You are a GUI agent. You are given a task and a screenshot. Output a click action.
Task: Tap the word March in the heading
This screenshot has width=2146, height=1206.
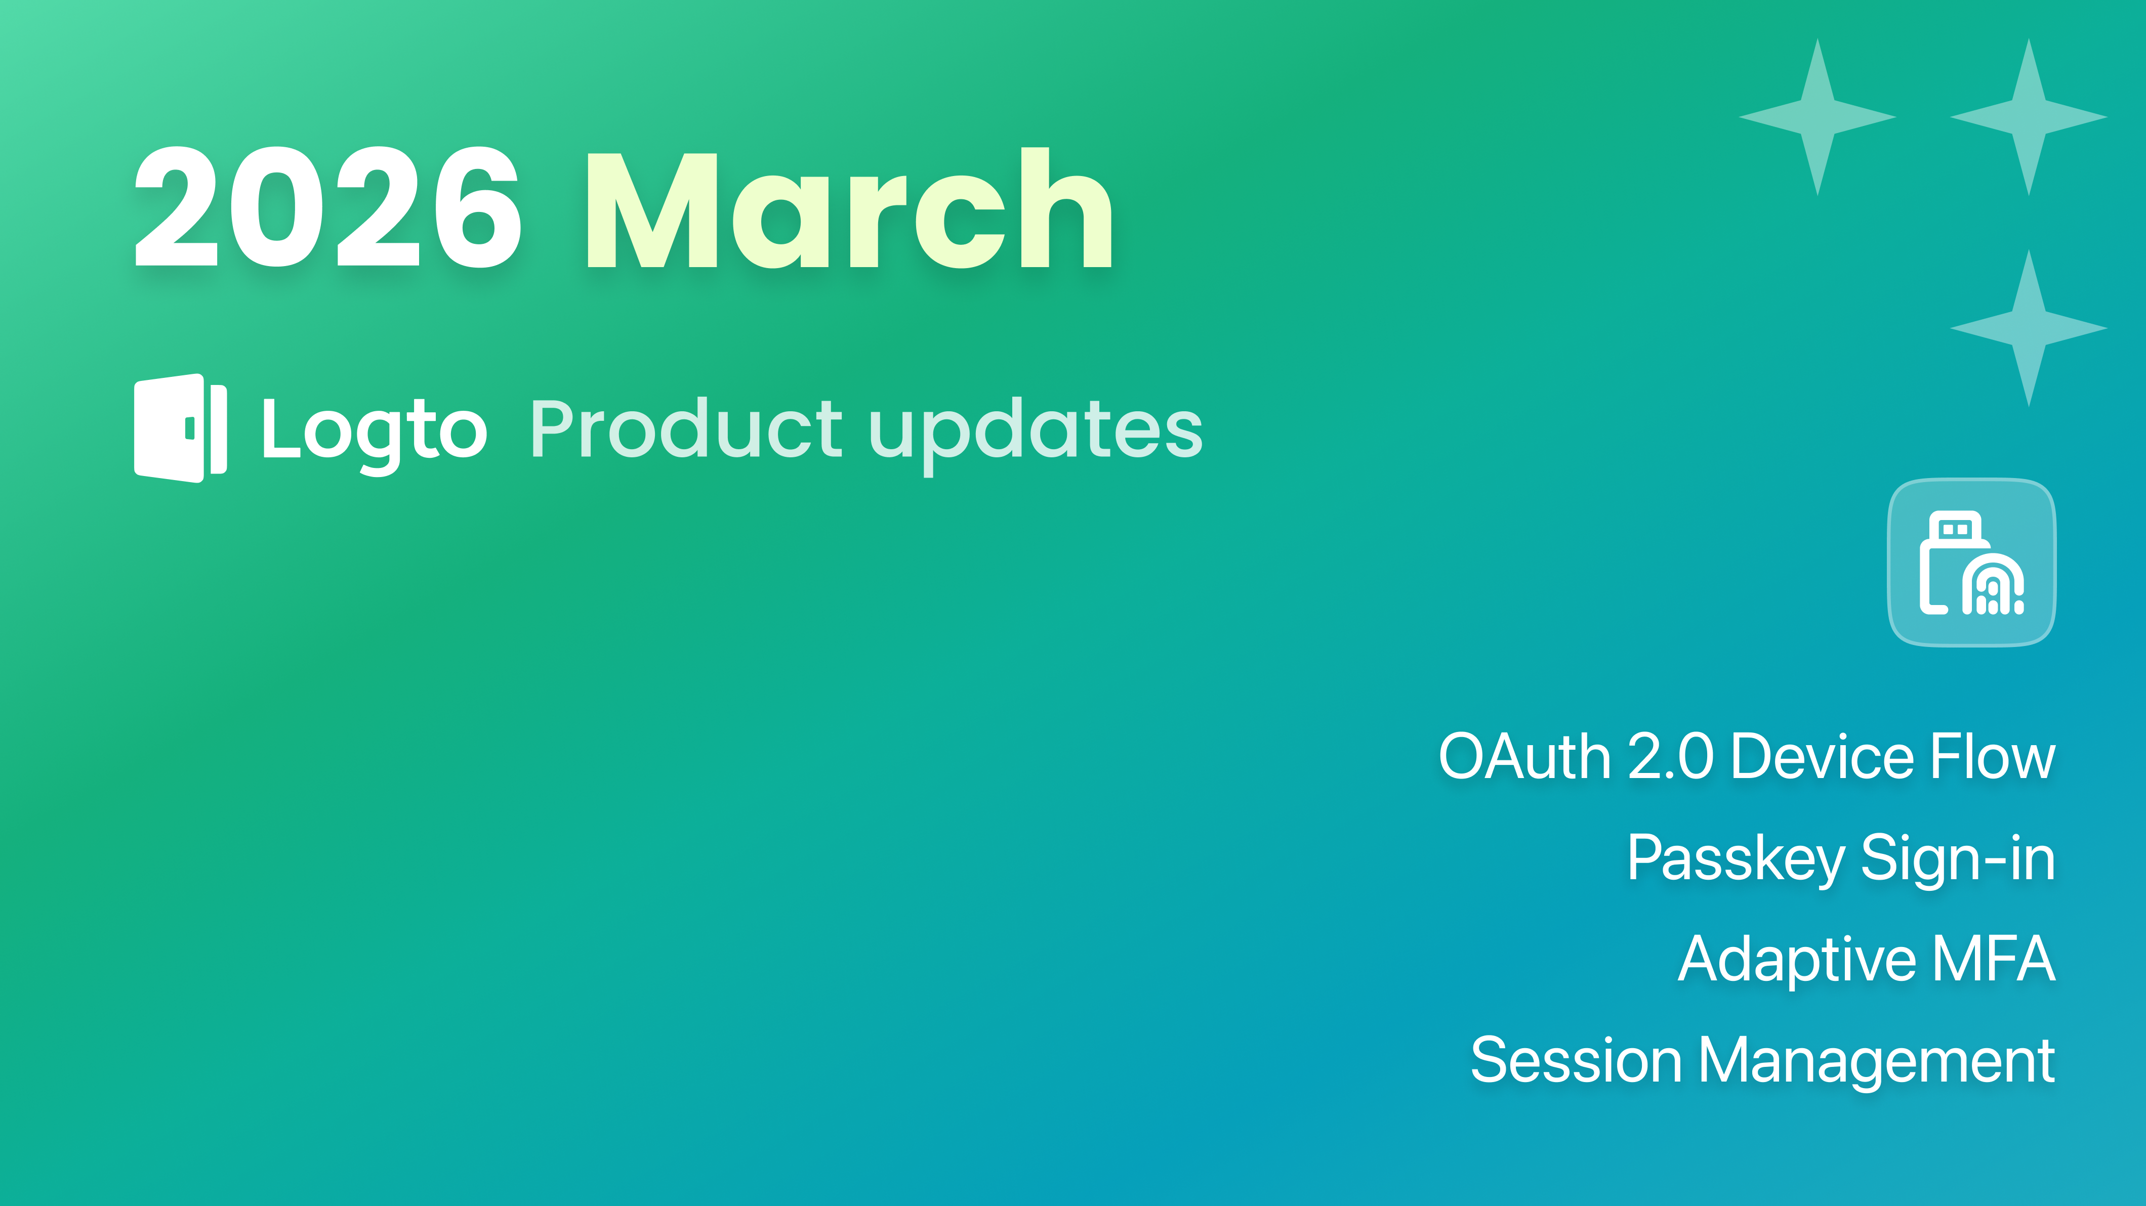click(850, 208)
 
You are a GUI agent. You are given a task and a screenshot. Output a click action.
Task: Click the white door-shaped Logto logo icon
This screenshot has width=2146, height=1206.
click(180, 428)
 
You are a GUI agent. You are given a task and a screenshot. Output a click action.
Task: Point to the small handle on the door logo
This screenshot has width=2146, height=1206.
click(190, 428)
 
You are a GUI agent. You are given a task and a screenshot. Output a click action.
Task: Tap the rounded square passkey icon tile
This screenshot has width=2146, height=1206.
click(1971, 562)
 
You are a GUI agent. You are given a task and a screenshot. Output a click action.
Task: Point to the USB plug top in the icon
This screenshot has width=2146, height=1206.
click(1954, 527)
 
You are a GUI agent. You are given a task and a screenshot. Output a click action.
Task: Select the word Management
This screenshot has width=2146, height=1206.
click(1877, 1062)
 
